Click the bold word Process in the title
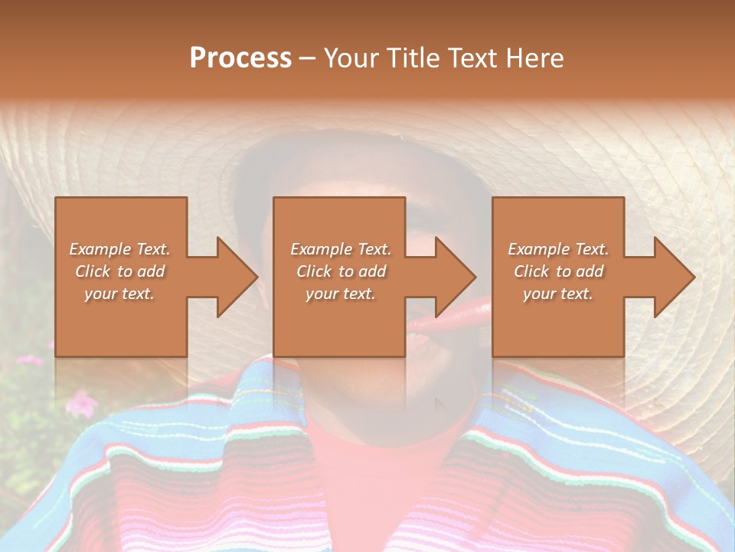240,58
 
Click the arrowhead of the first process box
237,277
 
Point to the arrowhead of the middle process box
456,277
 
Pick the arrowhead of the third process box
675,277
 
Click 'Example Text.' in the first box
119,249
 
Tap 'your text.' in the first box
119,294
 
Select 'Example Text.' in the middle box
341,249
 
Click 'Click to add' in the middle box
341,271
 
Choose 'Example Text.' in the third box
558,249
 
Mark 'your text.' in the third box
558,294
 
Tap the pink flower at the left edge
80,402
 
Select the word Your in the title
351,58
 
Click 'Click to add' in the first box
119,271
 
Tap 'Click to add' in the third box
558,271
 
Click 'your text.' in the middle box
341,294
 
